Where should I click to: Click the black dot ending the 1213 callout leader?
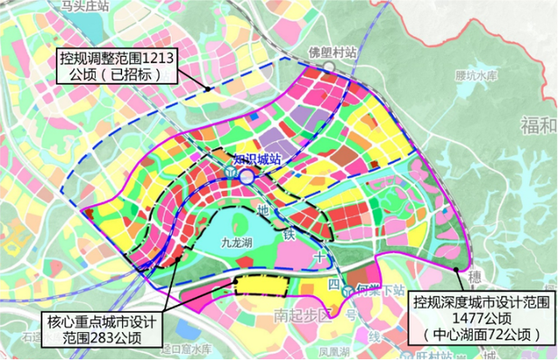[x=208, y=88]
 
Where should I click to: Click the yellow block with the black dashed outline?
[x=262, y=285]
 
